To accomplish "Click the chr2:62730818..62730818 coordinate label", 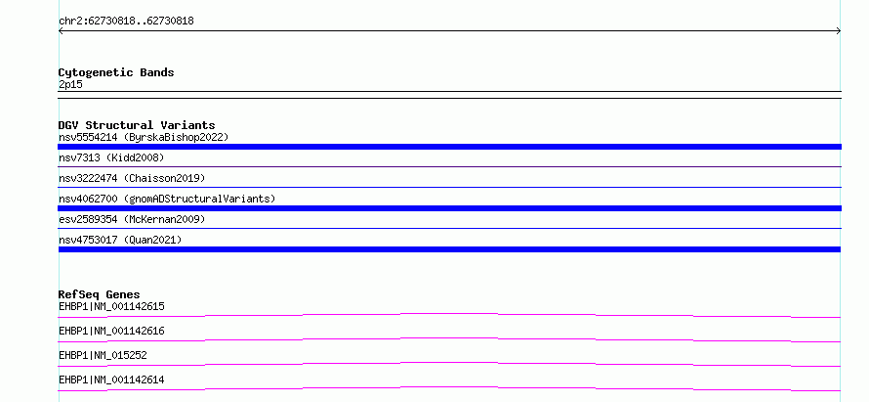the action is (x=126, y=22).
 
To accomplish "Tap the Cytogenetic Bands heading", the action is (x=116, y=72).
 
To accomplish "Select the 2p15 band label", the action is (x=70, y=85).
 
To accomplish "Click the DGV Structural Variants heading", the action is (x=137, y=125).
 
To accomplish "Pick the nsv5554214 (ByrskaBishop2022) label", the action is (x=144, y=137).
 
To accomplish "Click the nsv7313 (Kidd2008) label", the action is (x=111, y=157).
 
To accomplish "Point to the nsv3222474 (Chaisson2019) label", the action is (x=132, y=178).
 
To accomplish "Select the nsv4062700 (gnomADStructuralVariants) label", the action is (x=167, y=199).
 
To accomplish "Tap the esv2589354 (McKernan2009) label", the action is (x=132, y=219).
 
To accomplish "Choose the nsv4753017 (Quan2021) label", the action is (x=120, y=240).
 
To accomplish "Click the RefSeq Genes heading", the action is (x=100, y=294).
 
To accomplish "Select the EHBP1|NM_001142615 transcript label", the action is (x=111, y=306).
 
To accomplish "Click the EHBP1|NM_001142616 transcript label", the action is (x=111, y=331).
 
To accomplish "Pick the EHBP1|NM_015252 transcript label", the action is (x=103, y=355).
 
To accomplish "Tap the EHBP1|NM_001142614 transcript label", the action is (x=111, y=380).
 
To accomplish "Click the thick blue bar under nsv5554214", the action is (x=449, y=147).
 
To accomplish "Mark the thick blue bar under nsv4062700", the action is (x=449, y=208).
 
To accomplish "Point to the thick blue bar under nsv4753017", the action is (x=449, y=249).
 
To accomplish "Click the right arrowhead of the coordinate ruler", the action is (x=840, y=31).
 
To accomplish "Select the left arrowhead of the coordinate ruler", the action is (x=60, y=31).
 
